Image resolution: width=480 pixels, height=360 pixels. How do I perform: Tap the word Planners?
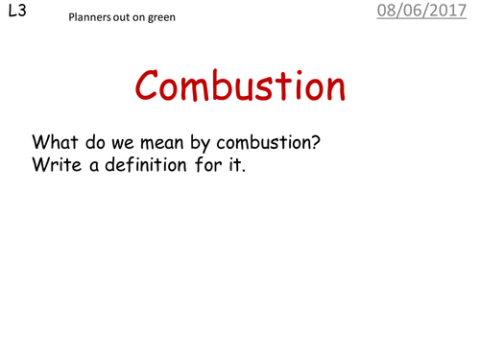pos(90,19)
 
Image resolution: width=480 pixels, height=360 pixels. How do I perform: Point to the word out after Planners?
pos(122,19)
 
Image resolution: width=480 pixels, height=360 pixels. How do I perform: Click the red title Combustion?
pos(240,87)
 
